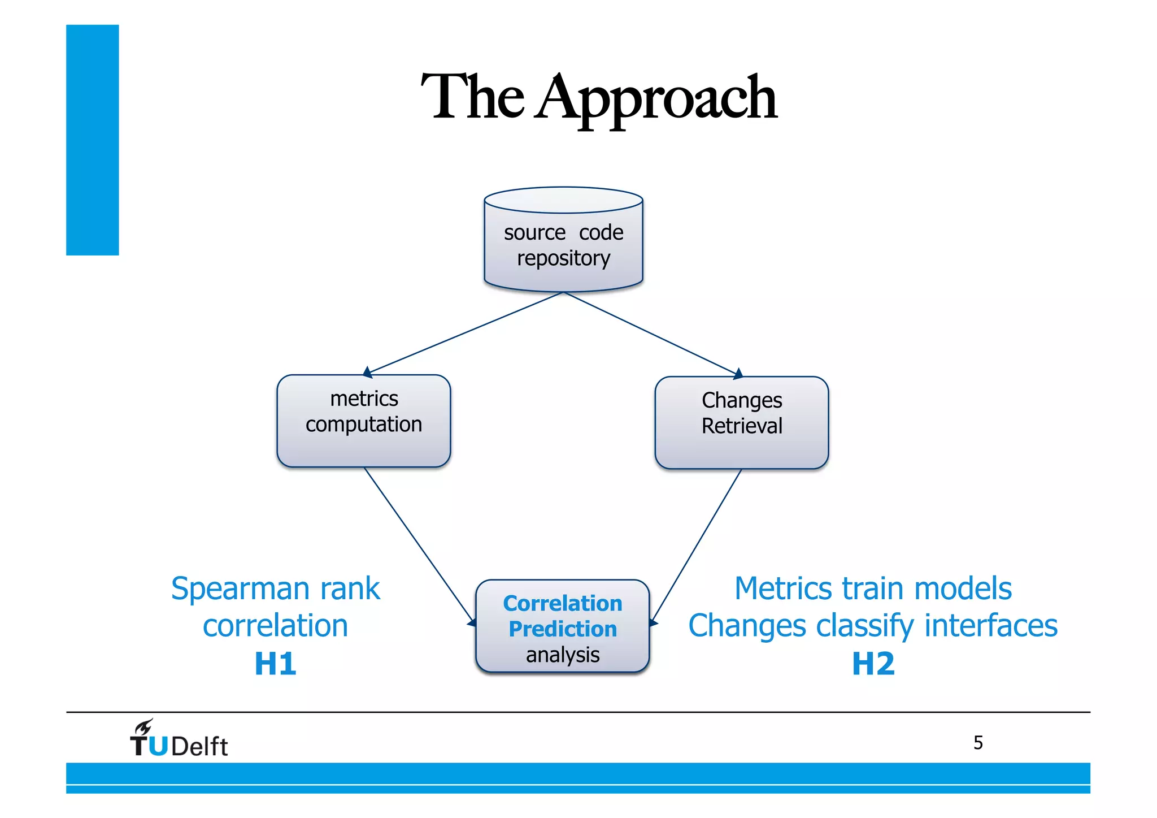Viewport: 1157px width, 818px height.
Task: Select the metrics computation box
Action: (x=364, y=421)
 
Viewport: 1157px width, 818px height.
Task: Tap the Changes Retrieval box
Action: (x=741, y=422)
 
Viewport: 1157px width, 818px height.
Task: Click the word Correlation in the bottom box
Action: (x=563, y=603)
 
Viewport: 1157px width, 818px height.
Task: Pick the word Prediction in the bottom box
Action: (x=563, y=629)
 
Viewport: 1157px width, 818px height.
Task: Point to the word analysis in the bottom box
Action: (x=563, y=655)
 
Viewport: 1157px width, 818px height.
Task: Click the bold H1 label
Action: (x=275, y=664)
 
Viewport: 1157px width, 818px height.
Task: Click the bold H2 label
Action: (x=873, y=664)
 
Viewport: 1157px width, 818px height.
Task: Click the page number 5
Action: (x=978, y=742)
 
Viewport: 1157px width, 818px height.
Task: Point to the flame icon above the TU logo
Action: (x=143, y=727)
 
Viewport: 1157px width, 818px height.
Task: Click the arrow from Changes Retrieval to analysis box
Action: (x=697, y=546)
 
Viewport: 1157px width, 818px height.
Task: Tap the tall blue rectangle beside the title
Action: (x=92, y=140)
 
